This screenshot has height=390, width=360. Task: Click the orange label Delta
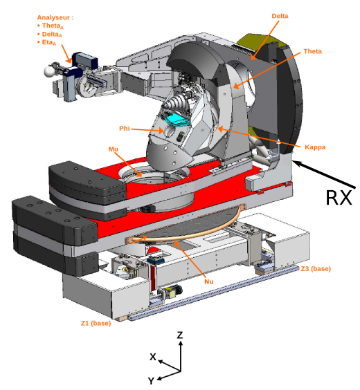[280, 15]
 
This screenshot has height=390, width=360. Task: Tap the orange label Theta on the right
[312, 51]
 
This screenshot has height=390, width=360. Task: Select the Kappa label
[315, 147]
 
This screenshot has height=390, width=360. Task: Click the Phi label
[124, 129]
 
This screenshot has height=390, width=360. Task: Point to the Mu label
[114, 149]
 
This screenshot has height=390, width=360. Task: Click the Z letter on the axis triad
[180, 335]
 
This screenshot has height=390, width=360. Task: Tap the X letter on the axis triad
[153, 356]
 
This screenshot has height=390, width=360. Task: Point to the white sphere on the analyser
[49, 70]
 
